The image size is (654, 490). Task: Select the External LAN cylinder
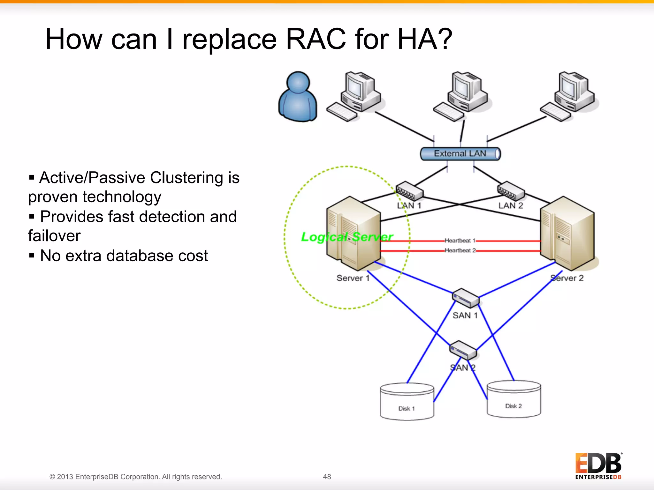click(460, 154)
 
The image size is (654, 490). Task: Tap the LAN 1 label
click(409, 206)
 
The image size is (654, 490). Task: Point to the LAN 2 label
click(511, 206)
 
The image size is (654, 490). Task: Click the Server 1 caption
click(353, 278)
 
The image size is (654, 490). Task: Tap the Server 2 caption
click(567, 278)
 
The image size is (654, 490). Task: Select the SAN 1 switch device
click(466, 298)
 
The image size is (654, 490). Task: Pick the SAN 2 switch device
click(463, 350)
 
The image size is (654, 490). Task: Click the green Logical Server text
click(347, 237)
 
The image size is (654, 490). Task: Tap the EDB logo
click(598, 466)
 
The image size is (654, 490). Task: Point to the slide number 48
click(327, 477)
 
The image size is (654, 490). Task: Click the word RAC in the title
click(316, 39)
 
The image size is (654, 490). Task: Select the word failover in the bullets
click(54, 236)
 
